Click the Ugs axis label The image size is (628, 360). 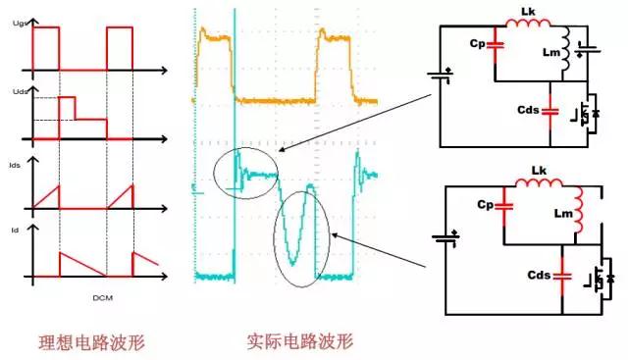[x=14, y=19]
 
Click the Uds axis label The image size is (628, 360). [x=14, y=90]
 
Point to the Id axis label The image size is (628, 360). [x=12, y=230]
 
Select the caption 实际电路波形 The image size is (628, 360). [x=300, y=342]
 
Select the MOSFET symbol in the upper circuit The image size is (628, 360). [x=585, y=113]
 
